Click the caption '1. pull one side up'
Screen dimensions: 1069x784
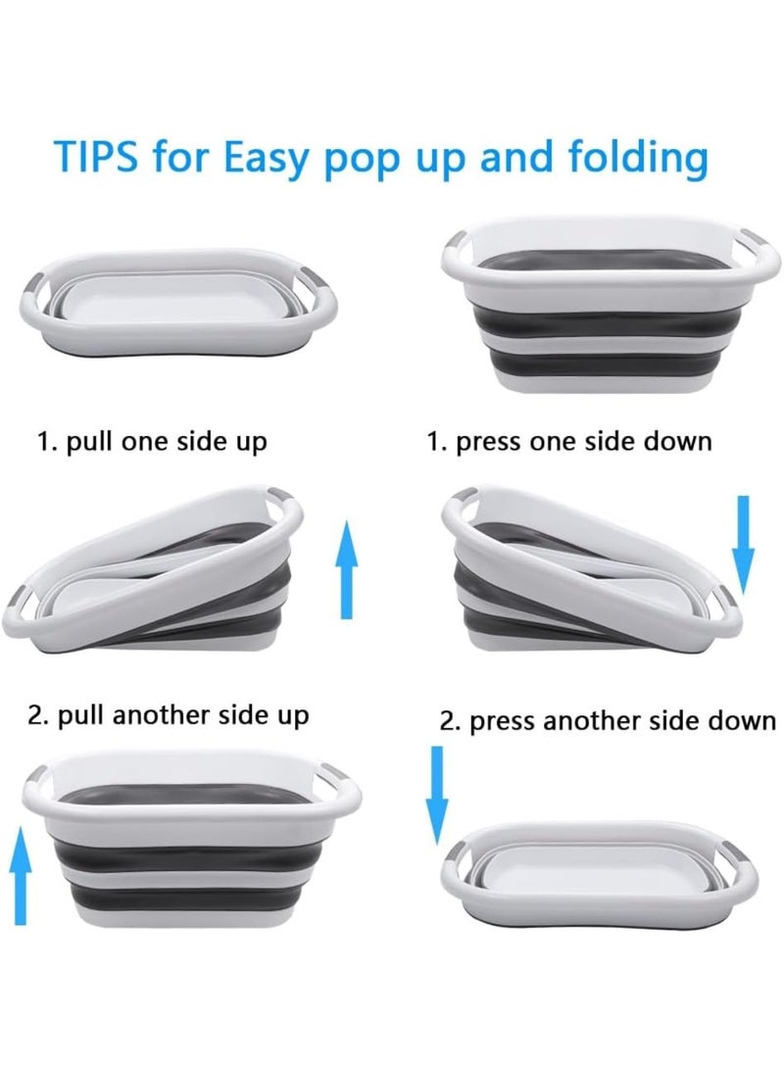click(152, 442)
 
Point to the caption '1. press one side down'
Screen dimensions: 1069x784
click(568, 442)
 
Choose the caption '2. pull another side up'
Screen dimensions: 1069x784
click(168, 714)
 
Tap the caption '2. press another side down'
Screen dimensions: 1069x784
click(608, 722)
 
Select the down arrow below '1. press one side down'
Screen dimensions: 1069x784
click(744, 545)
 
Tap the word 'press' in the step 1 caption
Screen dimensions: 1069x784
click(489, 443)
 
